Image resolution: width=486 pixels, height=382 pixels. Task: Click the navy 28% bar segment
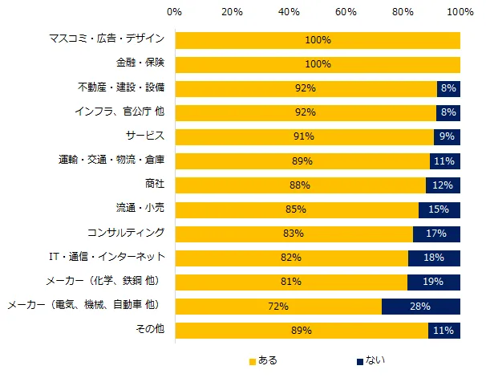click(x=420, y=307)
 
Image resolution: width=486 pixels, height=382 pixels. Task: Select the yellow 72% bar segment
click(x=277, y=307)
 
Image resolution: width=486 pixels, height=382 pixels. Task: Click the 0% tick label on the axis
click(x=175, y=13)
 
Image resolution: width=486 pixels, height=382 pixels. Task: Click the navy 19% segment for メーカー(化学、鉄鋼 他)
click(x=433, y=282)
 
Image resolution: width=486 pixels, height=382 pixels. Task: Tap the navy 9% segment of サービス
click(x=447, y=136)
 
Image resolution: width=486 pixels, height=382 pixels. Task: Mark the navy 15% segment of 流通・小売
click(x=439, y=209)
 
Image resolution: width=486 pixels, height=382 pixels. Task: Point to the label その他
click(x=150, y=331)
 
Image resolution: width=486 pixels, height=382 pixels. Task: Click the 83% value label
click(x=293, y=234)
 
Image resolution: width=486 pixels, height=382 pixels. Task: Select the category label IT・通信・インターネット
click(x=108, y=258)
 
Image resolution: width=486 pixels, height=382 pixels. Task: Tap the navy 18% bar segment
click(x=434, y=258)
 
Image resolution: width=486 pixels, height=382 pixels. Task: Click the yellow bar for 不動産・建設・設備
click(x=306, y=88)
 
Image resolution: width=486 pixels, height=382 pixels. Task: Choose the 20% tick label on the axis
click(x=232, y=13)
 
